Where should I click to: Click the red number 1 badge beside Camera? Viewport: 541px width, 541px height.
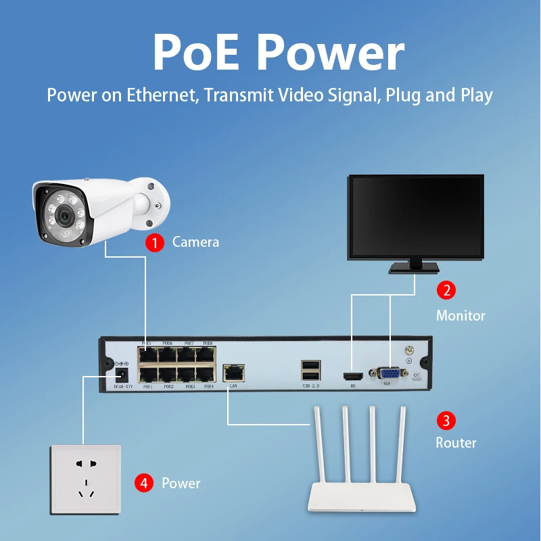[156, 242]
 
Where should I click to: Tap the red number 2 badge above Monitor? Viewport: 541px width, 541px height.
[446, 290]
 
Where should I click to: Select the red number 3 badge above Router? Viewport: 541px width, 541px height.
[446, 421]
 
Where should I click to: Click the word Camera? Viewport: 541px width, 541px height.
[195, 242]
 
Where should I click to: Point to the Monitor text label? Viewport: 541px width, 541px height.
[461, 315]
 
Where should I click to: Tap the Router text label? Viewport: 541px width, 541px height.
[456, 443]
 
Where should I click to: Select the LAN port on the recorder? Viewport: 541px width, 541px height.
[233, 371]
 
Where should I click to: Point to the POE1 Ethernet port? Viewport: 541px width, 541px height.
[147, 373]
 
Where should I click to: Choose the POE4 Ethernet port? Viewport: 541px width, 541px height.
[207, 373]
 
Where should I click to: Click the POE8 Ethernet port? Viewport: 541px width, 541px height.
[207, 354]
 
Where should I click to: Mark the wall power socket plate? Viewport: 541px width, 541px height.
[85, 477]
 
